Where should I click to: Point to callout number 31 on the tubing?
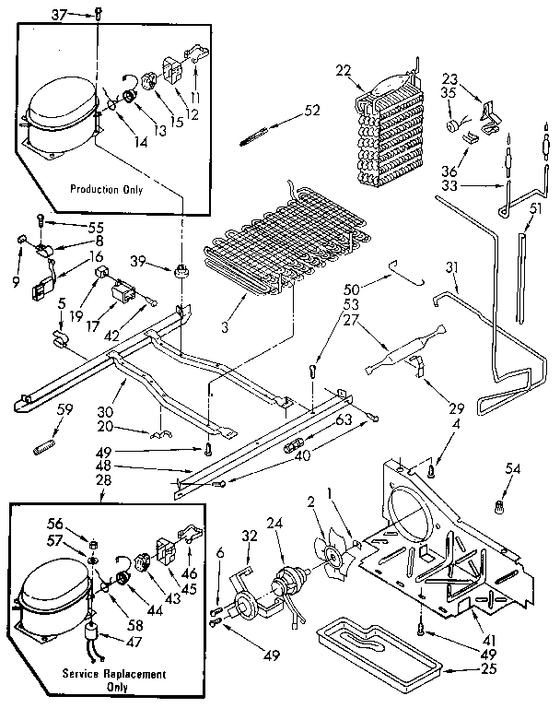(451, 267)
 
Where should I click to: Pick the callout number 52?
(312, 112)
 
